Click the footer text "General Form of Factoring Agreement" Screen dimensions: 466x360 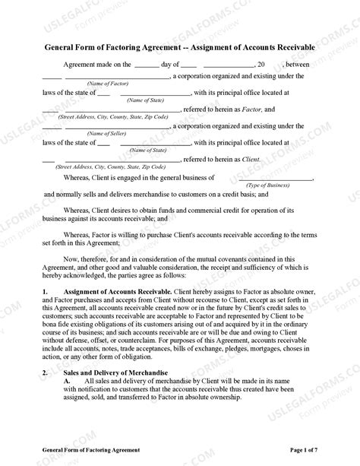[90, 451]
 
